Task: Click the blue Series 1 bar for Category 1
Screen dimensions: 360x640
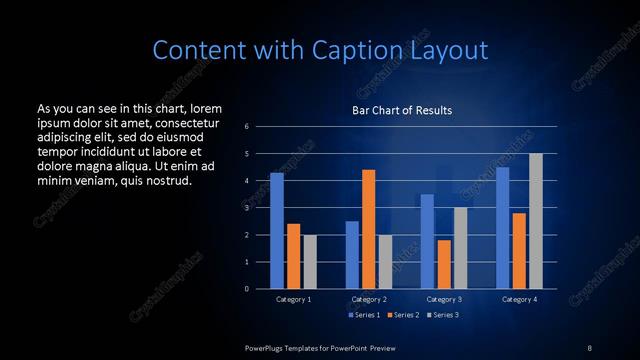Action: (277, 231)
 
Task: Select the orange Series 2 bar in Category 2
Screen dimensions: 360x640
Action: (369, 229)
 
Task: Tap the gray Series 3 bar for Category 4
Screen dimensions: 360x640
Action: (536, 221)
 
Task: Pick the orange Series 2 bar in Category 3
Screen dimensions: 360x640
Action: (444, 264)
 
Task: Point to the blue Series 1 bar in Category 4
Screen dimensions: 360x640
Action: (503, 228)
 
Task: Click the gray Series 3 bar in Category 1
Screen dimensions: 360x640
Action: (309, 262)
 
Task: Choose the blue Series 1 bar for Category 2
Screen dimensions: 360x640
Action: (352, 255)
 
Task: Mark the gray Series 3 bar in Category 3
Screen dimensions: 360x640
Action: (460, 248)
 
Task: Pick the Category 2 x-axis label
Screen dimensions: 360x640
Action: (369, 299)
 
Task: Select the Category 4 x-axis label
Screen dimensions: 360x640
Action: (519, 299)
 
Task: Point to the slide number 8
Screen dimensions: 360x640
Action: (589, 347)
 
